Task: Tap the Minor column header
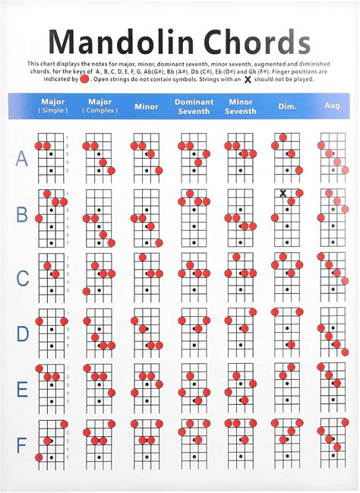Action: point(146,106)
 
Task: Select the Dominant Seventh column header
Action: point(194,106)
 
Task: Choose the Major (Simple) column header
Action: point(52,106)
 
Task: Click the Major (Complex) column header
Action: point(99,106)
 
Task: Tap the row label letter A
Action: point(22,158)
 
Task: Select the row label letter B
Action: point(22,215)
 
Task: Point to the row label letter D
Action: point(22,333)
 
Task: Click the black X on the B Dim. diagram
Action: point(283,194)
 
